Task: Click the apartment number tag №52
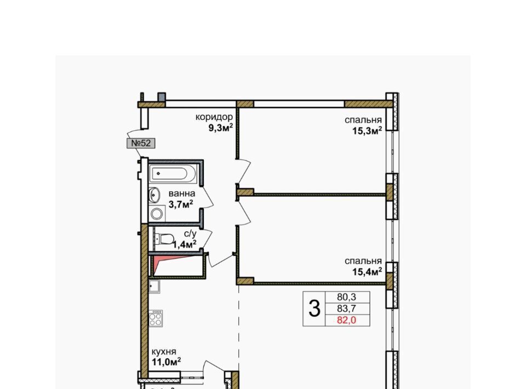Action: pyautogui.click(x=141, y=143)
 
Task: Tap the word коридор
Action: pyautogui.click(x=214, y=117)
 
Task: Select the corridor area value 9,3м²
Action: pyautogui.click(x=221, y=128)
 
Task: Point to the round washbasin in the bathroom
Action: pyautogui.click(x=155, y=195)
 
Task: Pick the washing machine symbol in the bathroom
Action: pyautogui.click(x=157, y=214)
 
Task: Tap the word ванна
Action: pyautogui.click(x=182, y=193)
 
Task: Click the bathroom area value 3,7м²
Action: pyautogui.click(x=181, y=204)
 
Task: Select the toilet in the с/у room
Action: pyautogui.click(x=165, y=239)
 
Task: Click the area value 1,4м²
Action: pyautogui.click(x=185, y=244)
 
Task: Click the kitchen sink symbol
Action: pyautogui.click(x=155, y=287)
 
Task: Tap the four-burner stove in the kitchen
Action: pyautogui.click(x=156, y=318)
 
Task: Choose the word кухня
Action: pyautogui.click(x=164, y=352)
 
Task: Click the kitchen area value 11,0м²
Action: pyautogui.click(x=167, y=362)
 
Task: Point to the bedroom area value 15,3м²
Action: pyautogui.click(x=367, y=130)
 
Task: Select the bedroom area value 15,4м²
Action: pyautogui.click(x=367, y=272)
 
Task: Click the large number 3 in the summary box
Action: pyautogui.click(x=315, y=308)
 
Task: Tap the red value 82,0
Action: pyautogui.click(x=346, y=321)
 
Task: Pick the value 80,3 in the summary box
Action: pyautogui.click(x=346, y=297)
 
